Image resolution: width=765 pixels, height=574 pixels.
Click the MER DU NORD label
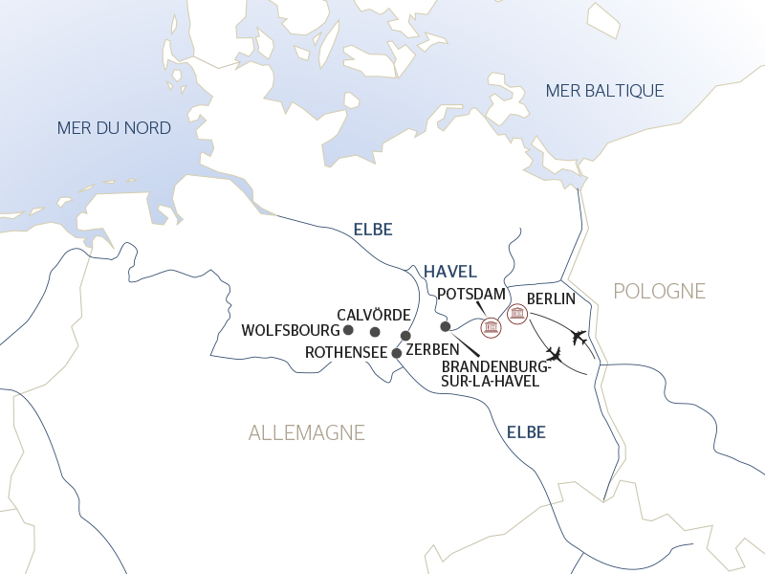click(114, 128)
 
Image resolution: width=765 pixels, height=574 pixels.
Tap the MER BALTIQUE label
click(604, 91)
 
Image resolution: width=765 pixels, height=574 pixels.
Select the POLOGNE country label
click(659, 291)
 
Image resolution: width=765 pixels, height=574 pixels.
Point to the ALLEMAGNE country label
click(306, 433)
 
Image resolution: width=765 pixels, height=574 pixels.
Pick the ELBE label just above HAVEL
click(373, 230)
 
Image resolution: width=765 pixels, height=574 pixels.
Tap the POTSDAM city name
click(470, 293)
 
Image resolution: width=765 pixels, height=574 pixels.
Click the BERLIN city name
click(551, 298)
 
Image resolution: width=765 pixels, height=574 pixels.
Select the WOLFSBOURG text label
click(291, 330)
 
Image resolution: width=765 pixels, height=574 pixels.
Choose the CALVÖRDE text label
click(374, 315)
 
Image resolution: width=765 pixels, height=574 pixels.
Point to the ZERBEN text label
click(434, 350)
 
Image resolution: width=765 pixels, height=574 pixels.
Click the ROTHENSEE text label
click(345, 353)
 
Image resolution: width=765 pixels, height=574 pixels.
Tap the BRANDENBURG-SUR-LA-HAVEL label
click(496, 373)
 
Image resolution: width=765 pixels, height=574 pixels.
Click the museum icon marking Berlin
click(517, 314)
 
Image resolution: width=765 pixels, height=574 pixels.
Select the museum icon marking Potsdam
click(492, 328)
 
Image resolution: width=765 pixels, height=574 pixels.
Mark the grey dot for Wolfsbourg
click(348, 330)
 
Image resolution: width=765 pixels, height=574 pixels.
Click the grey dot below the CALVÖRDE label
click(375, 332)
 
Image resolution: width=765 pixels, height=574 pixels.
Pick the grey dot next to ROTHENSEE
click(397, 353)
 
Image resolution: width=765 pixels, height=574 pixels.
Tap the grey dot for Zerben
click(405, 336)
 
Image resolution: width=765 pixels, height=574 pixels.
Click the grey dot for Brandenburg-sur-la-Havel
click(445, 326)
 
